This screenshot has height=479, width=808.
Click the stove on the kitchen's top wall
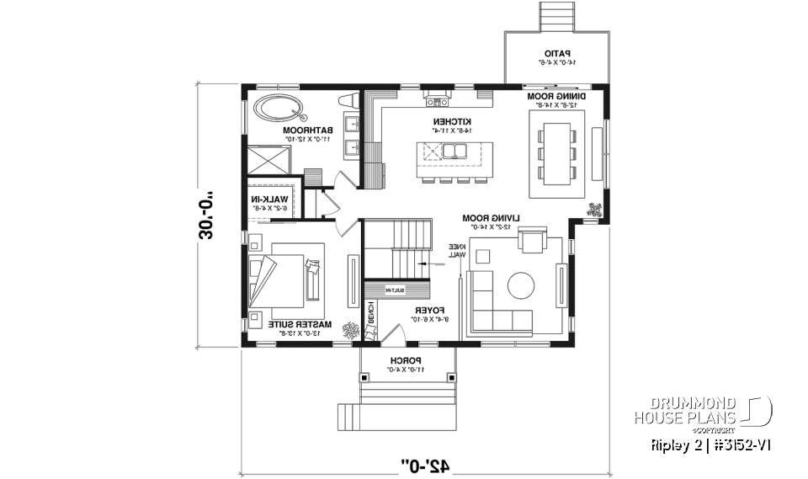pos(437,102)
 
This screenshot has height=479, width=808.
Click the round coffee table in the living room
pos(519,285)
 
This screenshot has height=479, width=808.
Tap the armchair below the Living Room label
pos(532,242)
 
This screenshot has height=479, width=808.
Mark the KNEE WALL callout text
pos(455,250)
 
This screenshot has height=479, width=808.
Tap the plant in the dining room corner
pos(595,210)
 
